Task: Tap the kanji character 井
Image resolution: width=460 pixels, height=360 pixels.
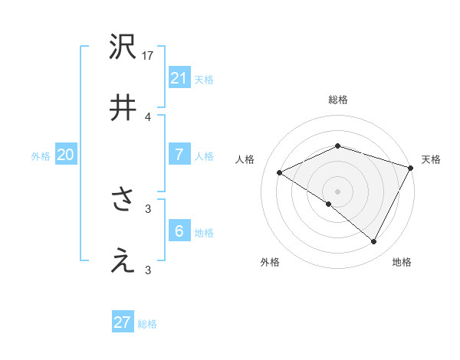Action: point(123,107)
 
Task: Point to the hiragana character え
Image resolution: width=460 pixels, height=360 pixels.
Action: point(123,261)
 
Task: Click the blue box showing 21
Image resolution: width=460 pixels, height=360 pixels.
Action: point(179,78)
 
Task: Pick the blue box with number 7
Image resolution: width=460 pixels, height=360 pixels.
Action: point(179,155)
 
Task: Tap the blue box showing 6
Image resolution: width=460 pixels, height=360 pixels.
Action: point(179,231)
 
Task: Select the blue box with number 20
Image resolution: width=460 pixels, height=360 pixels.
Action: point(66,155)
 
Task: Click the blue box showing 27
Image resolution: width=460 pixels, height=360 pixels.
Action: point(123,322)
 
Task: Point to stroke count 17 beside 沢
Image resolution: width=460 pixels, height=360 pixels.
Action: point(149,56)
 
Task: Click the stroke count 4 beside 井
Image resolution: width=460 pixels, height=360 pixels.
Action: point(148,116)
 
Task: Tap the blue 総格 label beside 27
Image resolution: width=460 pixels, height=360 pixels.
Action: point(148,324)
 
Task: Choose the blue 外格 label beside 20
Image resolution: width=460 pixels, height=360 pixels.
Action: point(41,156)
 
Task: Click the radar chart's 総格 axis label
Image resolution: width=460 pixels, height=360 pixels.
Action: point(337,100)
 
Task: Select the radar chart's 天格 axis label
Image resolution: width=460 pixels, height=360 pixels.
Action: point(431,159)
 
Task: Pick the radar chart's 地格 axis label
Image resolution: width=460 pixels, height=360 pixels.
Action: point(402,262)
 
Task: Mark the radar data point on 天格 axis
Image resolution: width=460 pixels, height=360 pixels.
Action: point(411,167)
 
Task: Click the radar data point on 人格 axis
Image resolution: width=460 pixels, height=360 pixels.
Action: point(280,172)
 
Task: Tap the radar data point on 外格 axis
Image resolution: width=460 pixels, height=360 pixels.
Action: point(329,204)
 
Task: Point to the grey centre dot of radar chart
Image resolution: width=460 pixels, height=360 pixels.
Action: point(337,191)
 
